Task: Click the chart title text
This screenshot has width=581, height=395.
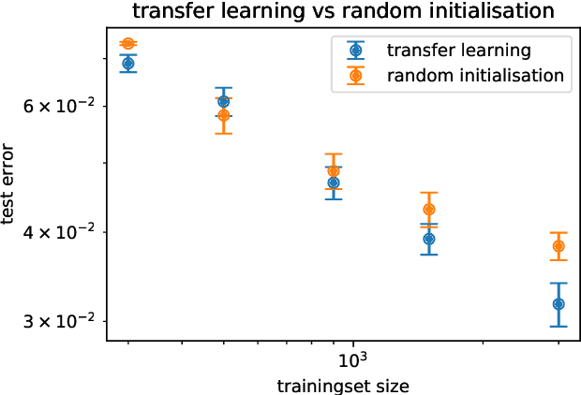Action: pos(343,11)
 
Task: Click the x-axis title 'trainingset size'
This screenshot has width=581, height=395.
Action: pos(343,385)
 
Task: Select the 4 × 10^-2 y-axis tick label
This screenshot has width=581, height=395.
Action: pos(57,232)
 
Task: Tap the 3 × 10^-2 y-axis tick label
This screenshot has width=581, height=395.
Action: pos(57,321)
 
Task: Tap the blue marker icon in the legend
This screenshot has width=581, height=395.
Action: pos(355,51)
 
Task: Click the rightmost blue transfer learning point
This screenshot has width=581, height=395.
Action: pos(559,304)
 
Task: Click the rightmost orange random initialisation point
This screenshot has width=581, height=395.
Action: pos(559,246)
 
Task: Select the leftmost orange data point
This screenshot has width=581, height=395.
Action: pos(128,44)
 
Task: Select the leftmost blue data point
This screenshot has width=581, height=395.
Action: pos(128,64)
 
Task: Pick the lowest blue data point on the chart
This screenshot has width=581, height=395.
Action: pos(559,304)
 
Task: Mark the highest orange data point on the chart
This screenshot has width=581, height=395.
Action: pos(128,44)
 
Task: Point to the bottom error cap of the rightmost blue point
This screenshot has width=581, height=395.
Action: pos(559,326)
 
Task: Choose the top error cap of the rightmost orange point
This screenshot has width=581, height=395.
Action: pos(559,232)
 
